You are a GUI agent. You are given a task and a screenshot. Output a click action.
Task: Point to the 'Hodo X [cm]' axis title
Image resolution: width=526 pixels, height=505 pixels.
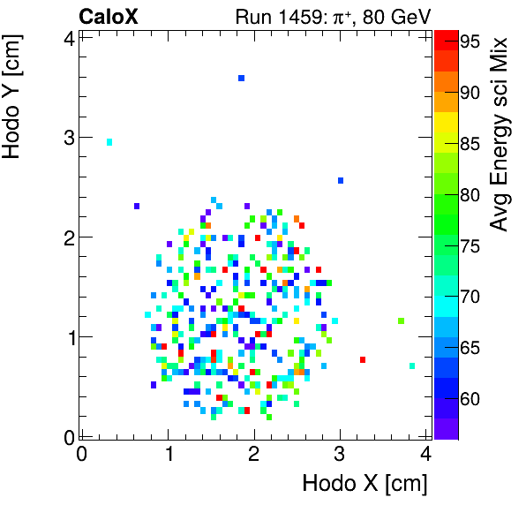[x=364, y=484]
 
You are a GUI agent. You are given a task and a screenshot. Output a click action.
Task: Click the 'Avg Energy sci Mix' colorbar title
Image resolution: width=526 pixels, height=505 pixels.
[x=500, y=133]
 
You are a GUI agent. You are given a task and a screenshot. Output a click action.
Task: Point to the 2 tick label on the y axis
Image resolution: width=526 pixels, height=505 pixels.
[x=67, y=237]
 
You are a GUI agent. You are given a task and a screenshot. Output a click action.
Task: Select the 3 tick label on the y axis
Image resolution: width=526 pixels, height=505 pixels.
[x=67, y=137]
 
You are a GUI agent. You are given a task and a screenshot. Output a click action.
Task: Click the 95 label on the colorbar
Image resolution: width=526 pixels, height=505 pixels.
[x=468, y=41]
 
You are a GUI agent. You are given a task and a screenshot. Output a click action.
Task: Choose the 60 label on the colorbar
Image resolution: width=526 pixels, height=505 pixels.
[x=468, y=399]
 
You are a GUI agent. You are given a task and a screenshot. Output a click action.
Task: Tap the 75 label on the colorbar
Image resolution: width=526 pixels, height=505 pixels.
[x=468, y=245]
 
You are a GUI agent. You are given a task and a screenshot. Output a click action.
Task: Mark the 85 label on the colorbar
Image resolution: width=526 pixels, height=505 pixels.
[x=468, y=143]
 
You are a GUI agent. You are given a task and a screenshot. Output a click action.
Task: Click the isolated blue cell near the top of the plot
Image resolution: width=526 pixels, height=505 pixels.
[x=241, y=79]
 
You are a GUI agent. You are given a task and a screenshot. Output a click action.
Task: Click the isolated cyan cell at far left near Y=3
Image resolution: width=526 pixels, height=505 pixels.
[x=109, y=141]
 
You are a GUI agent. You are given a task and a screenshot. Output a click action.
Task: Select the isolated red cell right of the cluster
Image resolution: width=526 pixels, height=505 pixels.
[x=363, y=359]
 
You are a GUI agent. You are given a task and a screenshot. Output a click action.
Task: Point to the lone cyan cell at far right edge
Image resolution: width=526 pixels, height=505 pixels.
[x=412, y=366]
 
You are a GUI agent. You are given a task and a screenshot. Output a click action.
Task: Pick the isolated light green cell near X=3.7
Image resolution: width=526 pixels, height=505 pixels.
[x=401, y=321]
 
